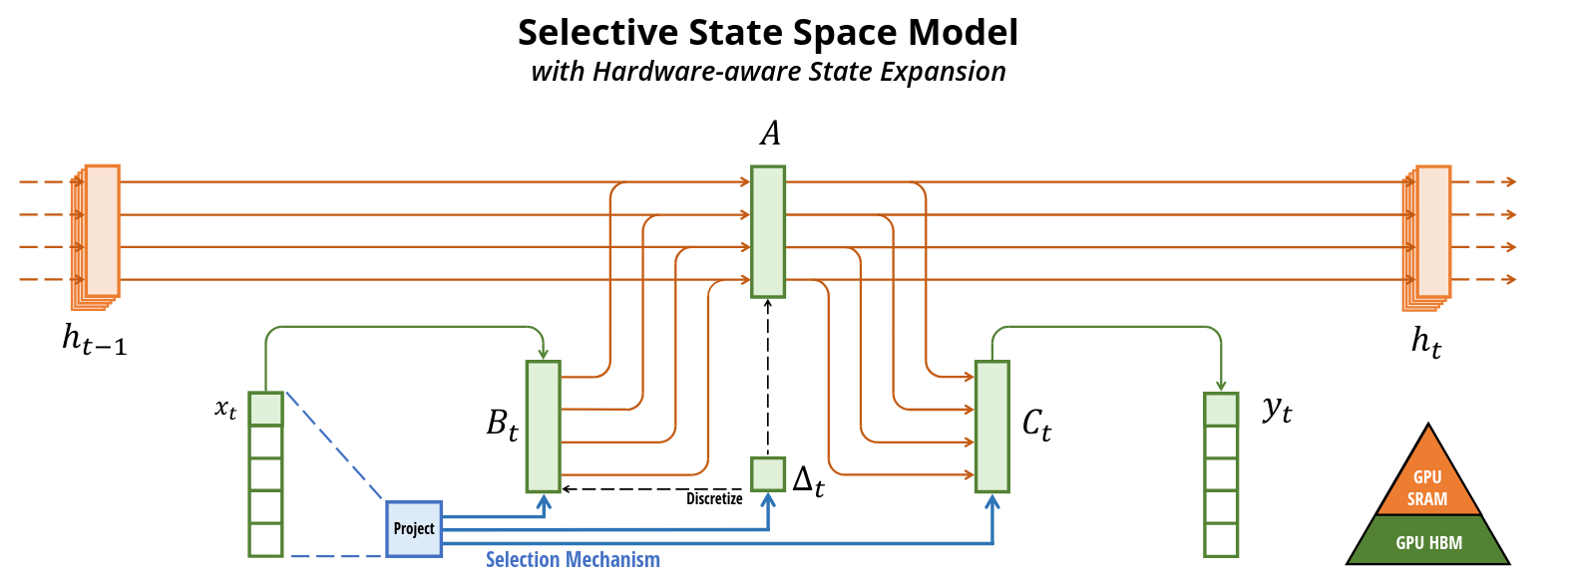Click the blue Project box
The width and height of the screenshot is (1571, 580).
pyautogui.click(x=414, y=528)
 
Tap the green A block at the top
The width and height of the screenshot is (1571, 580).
pyautogui.click(x=768, y=231)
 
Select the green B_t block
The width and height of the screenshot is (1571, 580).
pyautogui.click(x=543, y=426)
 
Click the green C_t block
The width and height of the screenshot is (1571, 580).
pyautogui.click(x=991, y=426)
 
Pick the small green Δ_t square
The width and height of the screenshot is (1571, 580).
pyautogui.click(x=768, y=473)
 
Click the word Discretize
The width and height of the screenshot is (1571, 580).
pyautogui.click(x=714, y=498)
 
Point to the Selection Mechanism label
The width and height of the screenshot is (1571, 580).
pyautogui.click(x=573, y=560)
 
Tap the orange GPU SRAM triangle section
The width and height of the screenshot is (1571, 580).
pyautogui.click(x=1427, y=482)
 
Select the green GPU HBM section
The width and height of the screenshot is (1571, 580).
pyautogui.click(x=1428, y=542)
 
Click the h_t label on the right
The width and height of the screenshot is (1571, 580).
pyautogui.click(x=1425, y=342)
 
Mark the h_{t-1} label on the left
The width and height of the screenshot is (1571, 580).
pyautogui.click(x=94, y=340)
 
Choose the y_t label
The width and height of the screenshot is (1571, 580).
pyautogui.click(x=1277, y=409)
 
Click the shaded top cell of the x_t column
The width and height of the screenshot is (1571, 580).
pyautogui.click(x=266, y=410)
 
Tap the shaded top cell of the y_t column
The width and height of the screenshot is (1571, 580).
pyautogui.click(x=1221, y=410)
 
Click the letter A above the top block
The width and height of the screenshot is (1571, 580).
pyautogui.click(x=770, y=134)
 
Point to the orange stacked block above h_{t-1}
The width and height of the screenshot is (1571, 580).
pyautogui.click(x=101, y=232)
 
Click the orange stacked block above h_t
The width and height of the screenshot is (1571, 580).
pyautogui.click(x=1431, y=232)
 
